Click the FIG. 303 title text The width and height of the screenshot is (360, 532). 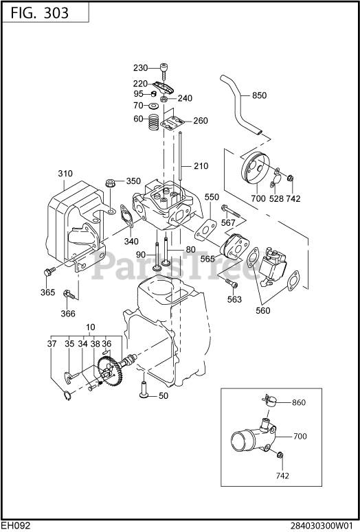40,13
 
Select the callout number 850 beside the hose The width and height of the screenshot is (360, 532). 259,95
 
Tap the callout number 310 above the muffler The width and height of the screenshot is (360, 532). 65,174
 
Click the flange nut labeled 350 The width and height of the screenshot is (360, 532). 111,182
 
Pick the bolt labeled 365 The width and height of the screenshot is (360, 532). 49,273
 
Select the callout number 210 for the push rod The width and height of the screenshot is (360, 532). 201,166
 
